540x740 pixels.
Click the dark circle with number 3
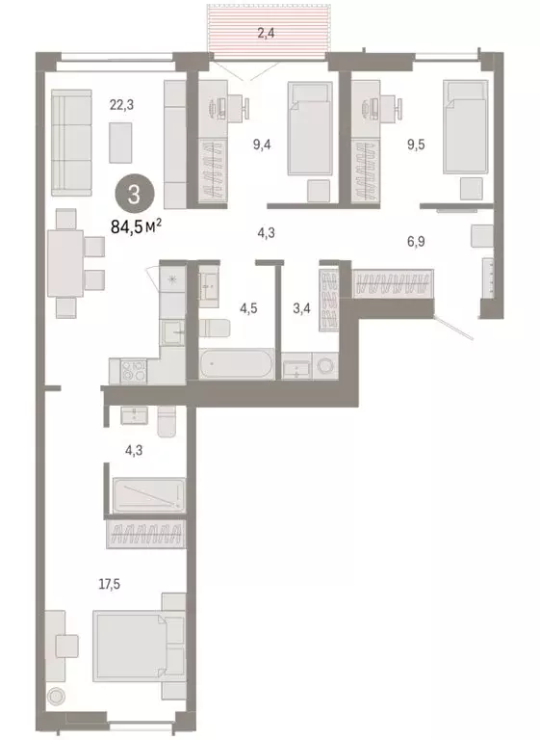134,195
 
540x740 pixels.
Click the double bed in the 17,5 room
136,646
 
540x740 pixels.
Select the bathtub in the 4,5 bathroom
239,365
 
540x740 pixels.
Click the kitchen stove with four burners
130,369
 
